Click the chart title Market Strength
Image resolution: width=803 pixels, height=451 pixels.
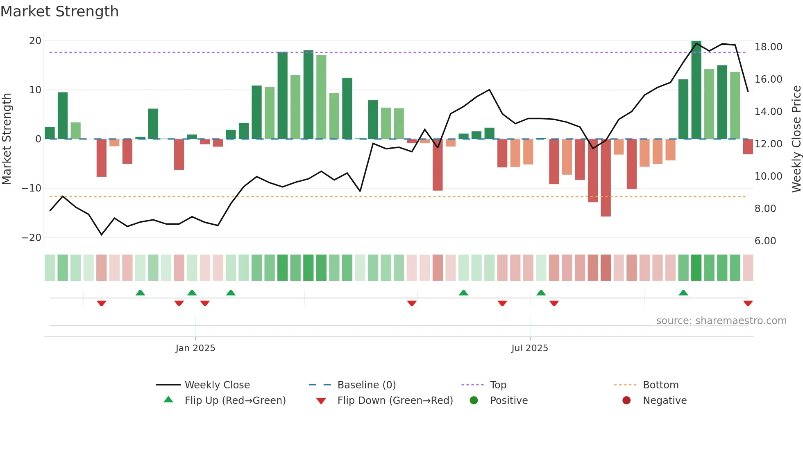click(x=59, y=11)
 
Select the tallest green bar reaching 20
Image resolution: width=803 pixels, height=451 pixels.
click(x=696, y=90)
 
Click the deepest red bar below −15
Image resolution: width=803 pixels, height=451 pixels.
click(x=606, y=178)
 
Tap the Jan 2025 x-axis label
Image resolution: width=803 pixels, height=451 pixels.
click(x=195, y=348)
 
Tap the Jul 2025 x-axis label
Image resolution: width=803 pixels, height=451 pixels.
click(x=529, y=348)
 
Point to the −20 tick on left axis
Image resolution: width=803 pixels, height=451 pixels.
click(x=31, y=237)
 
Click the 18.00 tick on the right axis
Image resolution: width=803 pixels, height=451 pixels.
click(x=768, y=47)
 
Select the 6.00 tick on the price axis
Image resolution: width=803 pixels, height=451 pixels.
click(x=765, y=241)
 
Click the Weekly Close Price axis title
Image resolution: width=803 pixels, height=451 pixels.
click(x=796, y=139)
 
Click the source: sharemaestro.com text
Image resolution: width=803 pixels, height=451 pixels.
click(x=721, y=320)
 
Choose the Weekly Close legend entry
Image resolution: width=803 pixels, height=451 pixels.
click(x=217, y=385)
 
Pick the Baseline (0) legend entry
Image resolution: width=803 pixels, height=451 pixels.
click(x=366, y=385)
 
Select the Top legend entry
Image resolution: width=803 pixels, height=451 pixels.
click(x=498, y=385)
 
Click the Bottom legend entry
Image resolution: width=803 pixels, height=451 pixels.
click(x=660, y=385)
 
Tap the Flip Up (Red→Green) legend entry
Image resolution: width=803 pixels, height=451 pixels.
click(x=235, y=400)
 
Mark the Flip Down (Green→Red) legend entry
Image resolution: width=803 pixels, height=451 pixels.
click(x=395, y=400)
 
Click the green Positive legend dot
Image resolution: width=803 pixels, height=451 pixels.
click(x=474, y=400)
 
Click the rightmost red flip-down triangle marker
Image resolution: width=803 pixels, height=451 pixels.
click(x=748, y=303)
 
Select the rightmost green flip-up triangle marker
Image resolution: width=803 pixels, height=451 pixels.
click(x=683, y=293)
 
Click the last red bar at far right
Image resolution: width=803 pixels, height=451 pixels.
click(x=748, y=147)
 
